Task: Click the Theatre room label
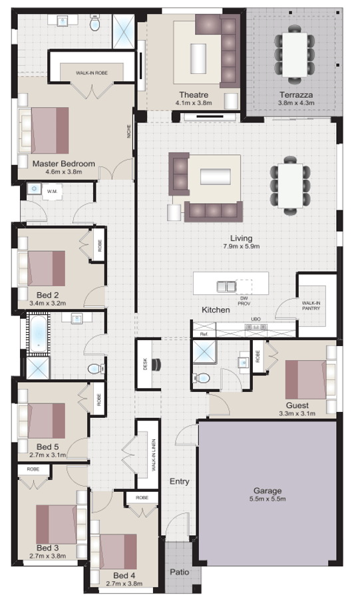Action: click(x=194, y=95)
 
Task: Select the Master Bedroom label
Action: click(x=64, y=163)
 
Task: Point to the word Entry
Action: click(x=180, y=481)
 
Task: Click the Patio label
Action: click(x=178, y=571)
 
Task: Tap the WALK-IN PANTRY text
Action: click(x=311, y=305)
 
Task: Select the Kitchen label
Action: click(x=216, y=310)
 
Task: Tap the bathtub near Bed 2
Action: click(x=39, y=333)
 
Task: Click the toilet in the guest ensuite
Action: click(x=202, y=378)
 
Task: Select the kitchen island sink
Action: click(x=227, y=286)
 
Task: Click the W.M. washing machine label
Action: click(x=52, y=192)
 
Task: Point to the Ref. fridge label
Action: click(x=204, y=333)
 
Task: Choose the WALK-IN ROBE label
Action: click(x=92, y=73)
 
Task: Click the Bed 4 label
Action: click(x=124, y=575)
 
